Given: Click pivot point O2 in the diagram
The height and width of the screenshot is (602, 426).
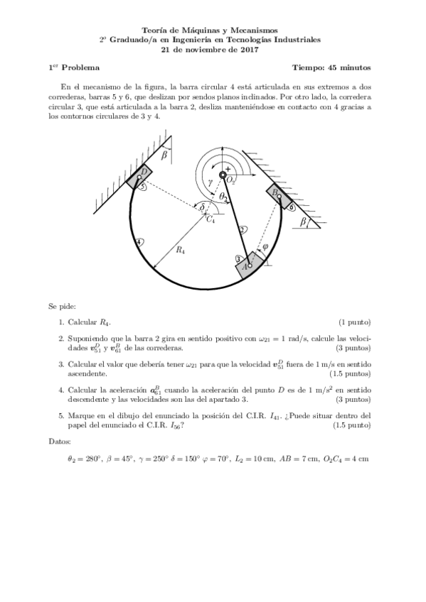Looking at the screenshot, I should [x=223, y=175].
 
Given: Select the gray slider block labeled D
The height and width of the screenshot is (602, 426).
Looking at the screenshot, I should [x=142, y=175].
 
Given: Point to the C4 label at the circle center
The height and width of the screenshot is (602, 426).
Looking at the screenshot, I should [x=211, y=220].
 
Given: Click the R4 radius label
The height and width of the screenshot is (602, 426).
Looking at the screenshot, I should [x=181, y=251].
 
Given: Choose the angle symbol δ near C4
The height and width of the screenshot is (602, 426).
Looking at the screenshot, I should [x=203, y=207].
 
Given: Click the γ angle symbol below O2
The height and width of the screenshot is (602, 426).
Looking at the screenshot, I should [x=209, y=182].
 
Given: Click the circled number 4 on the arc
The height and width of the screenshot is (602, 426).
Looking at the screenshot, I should [x=139, y=242].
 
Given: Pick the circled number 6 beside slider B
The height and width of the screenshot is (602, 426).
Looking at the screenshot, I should [x=292, y=207].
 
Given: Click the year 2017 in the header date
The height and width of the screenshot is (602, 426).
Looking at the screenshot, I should [x=248, y=50].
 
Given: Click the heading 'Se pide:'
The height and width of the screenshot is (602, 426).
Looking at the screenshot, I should [x=62, y=307].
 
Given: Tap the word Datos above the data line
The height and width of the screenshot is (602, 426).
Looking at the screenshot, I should [x=60, y=442].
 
